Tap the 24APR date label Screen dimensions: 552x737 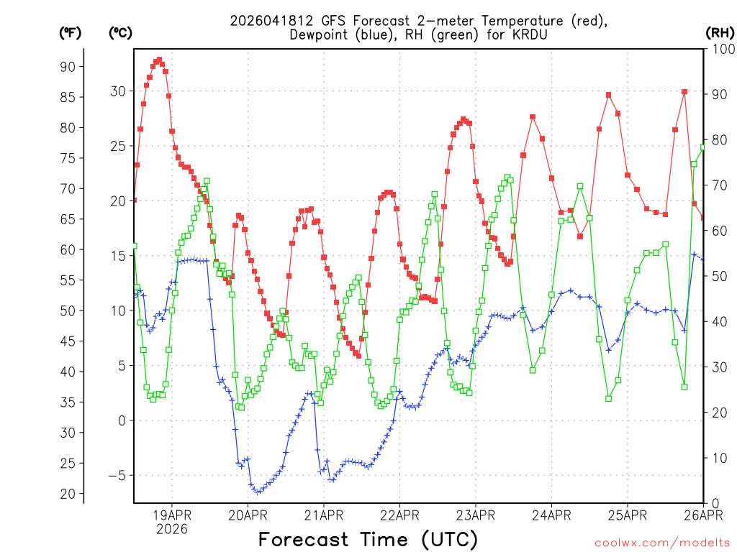(551, 515)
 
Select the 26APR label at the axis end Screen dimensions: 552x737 (702, 515)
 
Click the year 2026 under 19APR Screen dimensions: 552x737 (171, 529)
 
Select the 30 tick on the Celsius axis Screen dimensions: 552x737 (118, 91)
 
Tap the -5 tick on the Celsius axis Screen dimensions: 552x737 (115, 475)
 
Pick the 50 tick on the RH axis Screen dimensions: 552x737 (718, 276)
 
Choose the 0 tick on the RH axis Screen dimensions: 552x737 (714, 503)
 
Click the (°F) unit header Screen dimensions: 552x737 (70, 32)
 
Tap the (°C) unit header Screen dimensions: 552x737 (119, 32)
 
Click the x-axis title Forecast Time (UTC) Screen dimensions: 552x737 (368, 539)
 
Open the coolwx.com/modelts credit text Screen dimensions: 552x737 (662, 543)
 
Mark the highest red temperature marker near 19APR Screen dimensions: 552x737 (159, 60)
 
